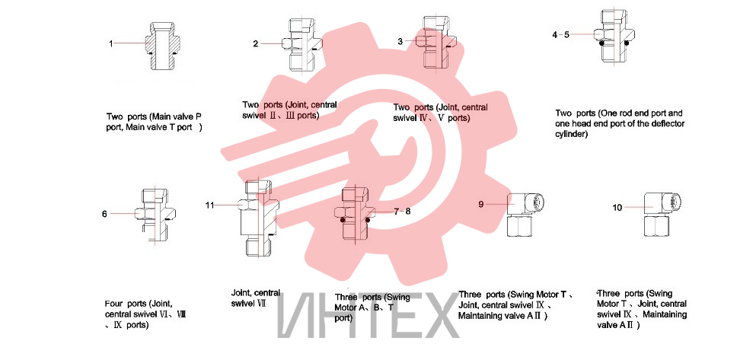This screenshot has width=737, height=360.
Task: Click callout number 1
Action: (111, 43)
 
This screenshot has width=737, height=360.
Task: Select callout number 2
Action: (256, 43)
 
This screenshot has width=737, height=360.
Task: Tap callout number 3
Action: (400, 41)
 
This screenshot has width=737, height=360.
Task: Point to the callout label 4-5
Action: (560, 34)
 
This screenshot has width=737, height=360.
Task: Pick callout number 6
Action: (104, 214)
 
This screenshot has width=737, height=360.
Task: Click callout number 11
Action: (209, 205)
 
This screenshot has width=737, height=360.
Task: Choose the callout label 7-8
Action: (402, 212)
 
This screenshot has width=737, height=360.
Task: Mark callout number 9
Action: (481, 204)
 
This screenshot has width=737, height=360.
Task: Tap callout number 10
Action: (617, 207)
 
